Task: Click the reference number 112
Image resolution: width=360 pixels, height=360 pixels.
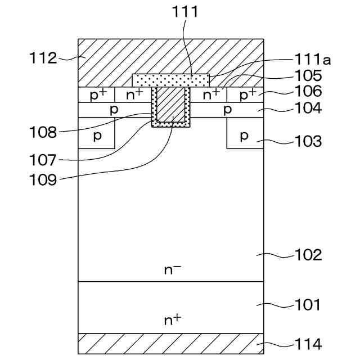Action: point(44,57)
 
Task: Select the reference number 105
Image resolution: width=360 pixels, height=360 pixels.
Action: point(308,75)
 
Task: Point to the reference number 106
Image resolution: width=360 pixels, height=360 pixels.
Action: point(308,91)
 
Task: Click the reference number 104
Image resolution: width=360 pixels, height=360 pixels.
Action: point(308,108)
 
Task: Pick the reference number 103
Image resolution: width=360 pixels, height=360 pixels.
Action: point(308,141)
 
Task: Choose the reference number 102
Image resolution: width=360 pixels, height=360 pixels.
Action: point(308,255)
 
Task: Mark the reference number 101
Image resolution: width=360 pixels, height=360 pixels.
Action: point(308,305)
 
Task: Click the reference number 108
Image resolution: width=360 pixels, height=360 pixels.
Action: point(44,133)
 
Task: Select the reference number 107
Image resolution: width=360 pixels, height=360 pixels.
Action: point(44,160)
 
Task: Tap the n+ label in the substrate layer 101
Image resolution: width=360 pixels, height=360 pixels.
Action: point(172,319)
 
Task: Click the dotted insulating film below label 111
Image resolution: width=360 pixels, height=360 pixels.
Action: point(170,79)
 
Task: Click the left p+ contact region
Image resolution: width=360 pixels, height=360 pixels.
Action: point(96,94)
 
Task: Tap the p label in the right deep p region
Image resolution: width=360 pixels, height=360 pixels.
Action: point(244,136)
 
